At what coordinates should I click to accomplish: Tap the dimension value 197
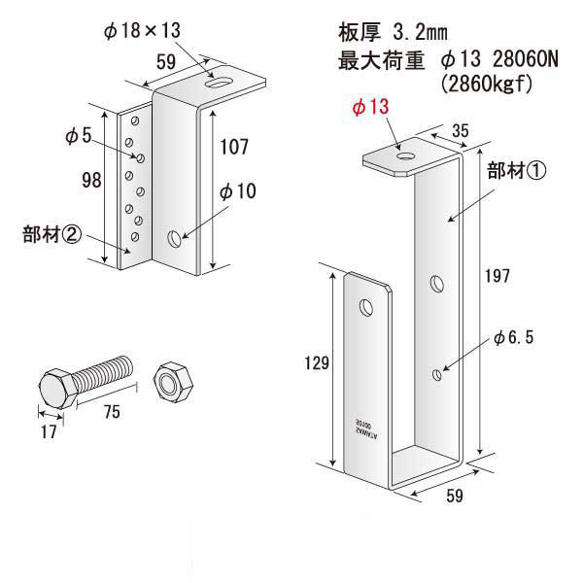(x=497, y=276)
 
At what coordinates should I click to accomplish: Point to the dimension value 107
(x=234, y=148)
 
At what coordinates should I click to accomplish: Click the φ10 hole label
(x=235, y=191)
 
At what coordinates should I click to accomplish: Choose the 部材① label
(x=517, y=171)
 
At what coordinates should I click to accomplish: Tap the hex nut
(x=172, y=380)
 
